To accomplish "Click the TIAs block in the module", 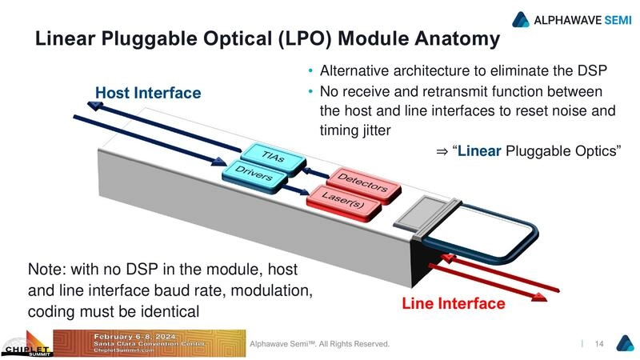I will [273, 158].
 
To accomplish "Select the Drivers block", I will [253, 174].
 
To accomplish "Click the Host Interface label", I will [148, 94].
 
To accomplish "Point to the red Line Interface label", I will [453, 304].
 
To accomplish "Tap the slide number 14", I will [598, 344].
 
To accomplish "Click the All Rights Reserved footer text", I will [355, 344].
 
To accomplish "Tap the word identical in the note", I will [170, 310].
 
